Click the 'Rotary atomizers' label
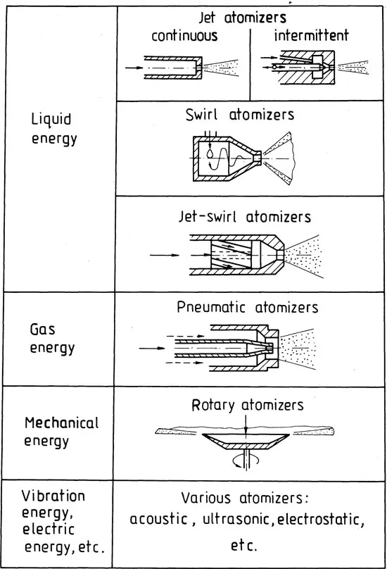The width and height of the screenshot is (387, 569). [x=247, y=405]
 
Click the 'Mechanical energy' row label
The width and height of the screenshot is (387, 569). [x=61, y=432]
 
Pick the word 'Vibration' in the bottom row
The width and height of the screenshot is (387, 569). [x=54, y=495]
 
